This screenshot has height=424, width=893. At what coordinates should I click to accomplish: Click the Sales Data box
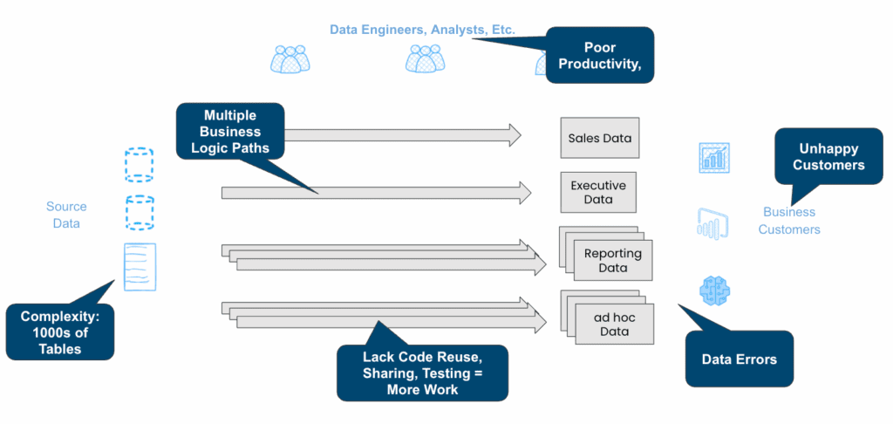click(x=599, y=138)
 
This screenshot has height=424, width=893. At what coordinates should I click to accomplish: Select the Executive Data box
click(x=597, y=193)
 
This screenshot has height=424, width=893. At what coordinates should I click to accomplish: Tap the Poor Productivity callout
click(x=600, y=55)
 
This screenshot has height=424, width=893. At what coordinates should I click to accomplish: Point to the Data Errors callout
click(x=739, y=359)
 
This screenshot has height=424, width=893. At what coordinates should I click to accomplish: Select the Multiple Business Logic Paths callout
click(x=230, y=132)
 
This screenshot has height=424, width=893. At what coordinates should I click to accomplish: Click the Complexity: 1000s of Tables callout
click(x=60, y=332)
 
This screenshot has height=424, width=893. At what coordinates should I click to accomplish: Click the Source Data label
click(x=66, y=215)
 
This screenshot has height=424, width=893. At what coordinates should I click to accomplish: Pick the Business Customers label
click(x=789, y=221)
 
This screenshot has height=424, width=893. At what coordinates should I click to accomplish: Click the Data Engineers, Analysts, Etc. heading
click(x=422, y=30)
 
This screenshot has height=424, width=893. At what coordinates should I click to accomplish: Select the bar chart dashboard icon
click(x=714, y=158)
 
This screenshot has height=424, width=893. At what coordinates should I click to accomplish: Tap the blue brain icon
click(x=715, y=290)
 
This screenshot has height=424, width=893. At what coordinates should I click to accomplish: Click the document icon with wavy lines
click(x=140, y=266)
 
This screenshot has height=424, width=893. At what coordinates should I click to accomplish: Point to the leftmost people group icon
click(x=290, y=59)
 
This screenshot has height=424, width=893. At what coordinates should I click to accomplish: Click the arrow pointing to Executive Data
click(x=376, y=193)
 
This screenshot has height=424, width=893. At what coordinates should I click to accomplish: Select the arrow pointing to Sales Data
click(x=401, y=134)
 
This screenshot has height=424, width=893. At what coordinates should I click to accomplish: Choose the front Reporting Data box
click(x=613, y=261)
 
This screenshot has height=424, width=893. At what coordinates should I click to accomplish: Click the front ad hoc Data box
click(x=614, y=325)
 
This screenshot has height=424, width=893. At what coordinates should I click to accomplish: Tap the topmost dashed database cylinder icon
click(x=139, y=164)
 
